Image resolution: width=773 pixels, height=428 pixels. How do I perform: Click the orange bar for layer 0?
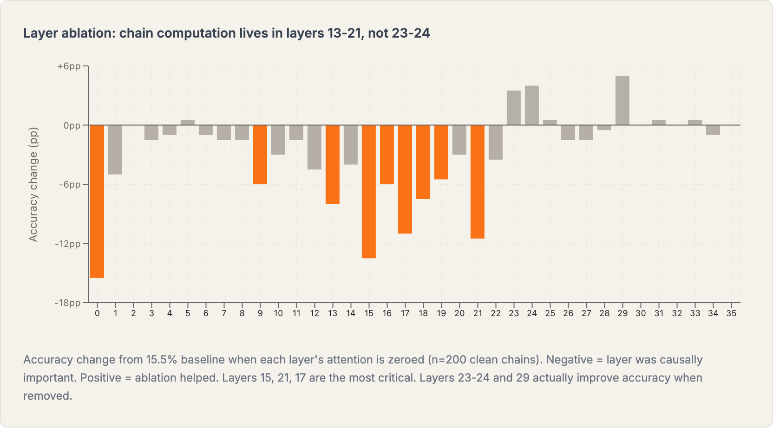(97, 201)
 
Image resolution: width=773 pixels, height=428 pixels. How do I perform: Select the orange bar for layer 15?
(369, 191)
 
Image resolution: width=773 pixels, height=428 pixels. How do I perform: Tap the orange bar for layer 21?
(478, 182)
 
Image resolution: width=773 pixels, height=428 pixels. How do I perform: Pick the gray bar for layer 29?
(622, 100)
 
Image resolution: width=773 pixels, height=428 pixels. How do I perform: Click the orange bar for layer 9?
(260, 155)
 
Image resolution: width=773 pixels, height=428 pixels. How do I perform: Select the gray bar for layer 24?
(532, 105)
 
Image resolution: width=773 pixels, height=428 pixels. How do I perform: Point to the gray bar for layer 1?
(115, 149)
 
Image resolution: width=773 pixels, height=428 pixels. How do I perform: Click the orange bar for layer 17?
(405, 179)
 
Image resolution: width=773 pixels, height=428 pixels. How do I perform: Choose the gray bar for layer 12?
(314, 147)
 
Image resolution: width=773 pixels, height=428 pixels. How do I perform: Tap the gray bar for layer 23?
(514, 108)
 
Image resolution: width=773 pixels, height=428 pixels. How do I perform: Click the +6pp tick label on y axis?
(69, 66)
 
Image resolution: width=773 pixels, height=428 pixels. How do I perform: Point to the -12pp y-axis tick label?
(68, 244)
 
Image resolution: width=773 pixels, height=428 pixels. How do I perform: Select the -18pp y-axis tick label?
(68, 303)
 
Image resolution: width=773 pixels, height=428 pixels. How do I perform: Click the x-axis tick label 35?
(731, 313)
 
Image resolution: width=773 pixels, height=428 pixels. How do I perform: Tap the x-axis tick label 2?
(133, 313)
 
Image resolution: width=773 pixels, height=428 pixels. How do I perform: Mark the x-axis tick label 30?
(641, 313)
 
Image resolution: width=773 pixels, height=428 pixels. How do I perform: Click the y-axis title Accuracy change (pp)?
(33, 184)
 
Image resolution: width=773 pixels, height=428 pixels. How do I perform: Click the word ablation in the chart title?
(88, 33)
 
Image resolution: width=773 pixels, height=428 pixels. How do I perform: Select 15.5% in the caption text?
(162, 360)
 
